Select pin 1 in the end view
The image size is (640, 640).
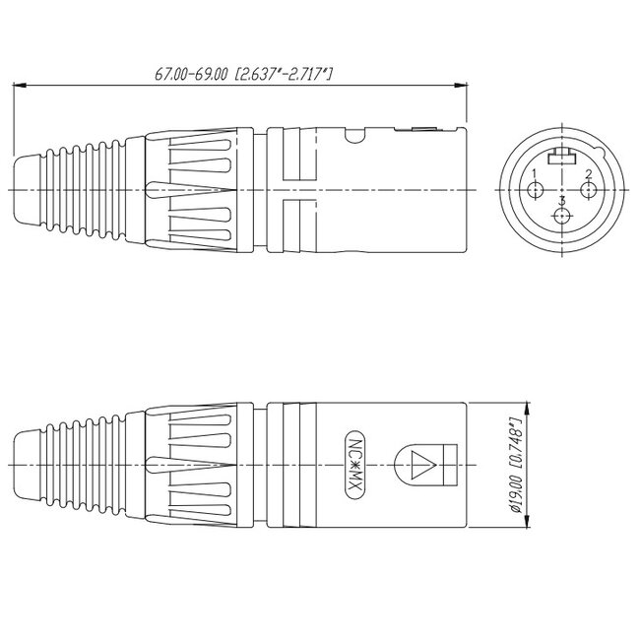536,188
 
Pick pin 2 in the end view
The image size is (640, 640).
588,188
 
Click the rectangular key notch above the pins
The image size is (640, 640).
561,156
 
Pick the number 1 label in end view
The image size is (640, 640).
535,174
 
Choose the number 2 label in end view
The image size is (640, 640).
588,174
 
